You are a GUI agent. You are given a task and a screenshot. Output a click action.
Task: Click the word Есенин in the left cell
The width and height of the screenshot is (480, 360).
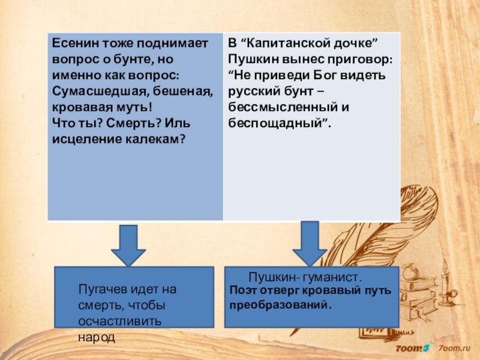point(71,44)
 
